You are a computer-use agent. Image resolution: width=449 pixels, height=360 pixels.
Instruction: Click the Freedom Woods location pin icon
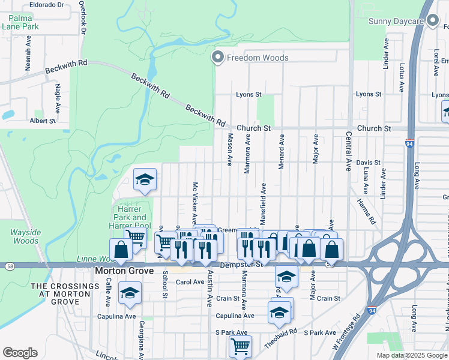pyautogui.click(x=217, y=58)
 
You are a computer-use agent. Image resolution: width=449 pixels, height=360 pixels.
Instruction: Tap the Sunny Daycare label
pyautogui.click(x=396, y=22)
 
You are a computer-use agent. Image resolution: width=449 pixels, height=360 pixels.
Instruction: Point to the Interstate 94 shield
pyautogui.click(x=409, y=144)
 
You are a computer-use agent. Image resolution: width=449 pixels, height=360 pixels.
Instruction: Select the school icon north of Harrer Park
pyautogui.click(x=145, y=179)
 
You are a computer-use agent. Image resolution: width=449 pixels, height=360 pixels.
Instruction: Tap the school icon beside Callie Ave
pyautogui.click(x=129, y=293)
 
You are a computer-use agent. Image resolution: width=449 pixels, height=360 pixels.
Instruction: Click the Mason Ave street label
pyautogui.click(x=229, y=149)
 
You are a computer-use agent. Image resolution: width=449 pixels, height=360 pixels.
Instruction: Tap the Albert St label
pyautogui.click(x=43, y=121)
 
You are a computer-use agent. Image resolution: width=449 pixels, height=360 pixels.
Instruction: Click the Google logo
pyautogui.click(x=20, y=352)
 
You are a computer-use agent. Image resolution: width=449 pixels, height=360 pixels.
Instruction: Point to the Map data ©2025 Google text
pyautogui.click(x=411, y=355)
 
